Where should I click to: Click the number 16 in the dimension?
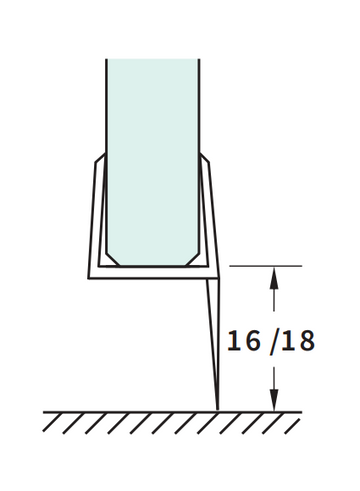tap(243, 340)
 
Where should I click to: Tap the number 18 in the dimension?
tap(298, 340)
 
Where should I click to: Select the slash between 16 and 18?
tap(274, 342)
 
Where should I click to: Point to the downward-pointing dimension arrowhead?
tap(274, 400)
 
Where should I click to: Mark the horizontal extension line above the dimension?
tap(266, 266)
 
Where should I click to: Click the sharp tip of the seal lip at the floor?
tap(218, 410)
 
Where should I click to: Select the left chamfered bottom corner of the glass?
tap(113, 259)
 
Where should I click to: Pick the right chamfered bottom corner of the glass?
tap(193, 259)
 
